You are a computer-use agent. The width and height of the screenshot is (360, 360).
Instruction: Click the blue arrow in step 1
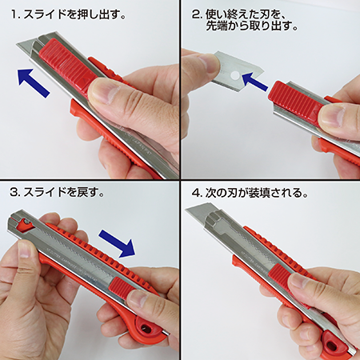33,82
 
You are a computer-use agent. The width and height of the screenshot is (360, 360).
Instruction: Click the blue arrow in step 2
254,81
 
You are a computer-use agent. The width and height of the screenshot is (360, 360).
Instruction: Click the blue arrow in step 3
118,243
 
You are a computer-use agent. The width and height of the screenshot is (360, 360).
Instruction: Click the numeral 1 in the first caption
14,14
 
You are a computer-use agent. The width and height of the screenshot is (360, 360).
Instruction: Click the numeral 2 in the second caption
196,14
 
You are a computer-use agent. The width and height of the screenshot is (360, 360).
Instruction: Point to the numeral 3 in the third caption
14,192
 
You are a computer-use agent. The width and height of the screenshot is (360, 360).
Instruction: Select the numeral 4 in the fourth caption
196,193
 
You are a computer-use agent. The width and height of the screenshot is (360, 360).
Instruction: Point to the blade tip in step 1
18,43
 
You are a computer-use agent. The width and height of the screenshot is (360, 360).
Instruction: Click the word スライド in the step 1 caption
45,14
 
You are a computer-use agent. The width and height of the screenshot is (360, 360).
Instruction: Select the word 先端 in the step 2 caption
216,26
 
